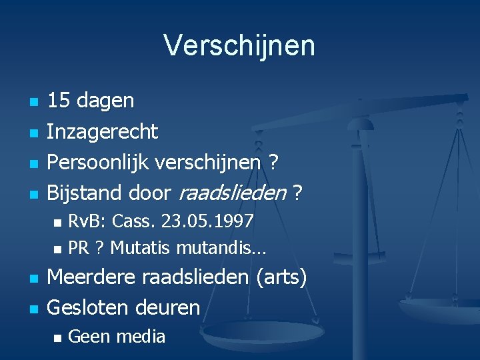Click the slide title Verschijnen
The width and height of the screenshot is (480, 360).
pyautogui.click(x=239, y=46)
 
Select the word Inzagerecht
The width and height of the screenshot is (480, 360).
pyautogui.click(x=103, y=132)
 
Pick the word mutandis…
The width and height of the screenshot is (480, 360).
pyautogui.click(x=221, y=248)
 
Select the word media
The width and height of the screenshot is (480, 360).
pyautogui.click(x=141, y=337)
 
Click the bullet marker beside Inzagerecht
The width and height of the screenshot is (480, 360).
pyautogui.click(x=33, y=133)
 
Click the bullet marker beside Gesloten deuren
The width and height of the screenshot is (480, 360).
pyautogui.click(x=33, y=309)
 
